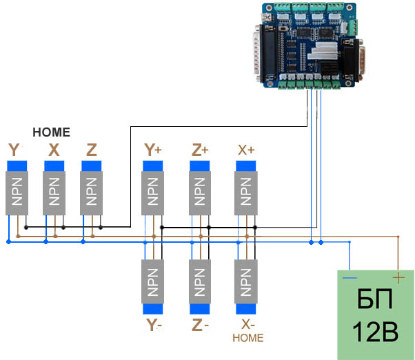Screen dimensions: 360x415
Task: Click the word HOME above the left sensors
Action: click(52, 132)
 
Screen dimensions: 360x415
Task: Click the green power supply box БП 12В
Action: click(375, 314)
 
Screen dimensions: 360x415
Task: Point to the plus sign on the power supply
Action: click(397, 278)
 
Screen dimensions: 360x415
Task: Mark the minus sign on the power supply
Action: click(350, 279)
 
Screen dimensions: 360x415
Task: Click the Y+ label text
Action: click(152, 150)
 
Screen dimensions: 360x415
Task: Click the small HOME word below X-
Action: click(248, 338)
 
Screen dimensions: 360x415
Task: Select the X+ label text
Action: click(246, 150)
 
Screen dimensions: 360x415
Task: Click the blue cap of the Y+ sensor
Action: click(153, 166)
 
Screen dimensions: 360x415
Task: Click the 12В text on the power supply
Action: click(375, 332)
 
